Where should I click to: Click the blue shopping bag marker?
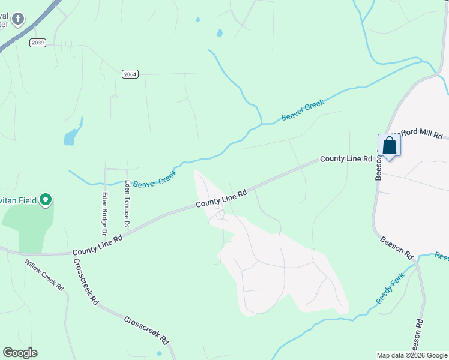coord(389,145)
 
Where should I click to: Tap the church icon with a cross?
coord(18,19)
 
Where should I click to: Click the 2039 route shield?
coord(38,42)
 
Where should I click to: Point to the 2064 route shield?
coord(130,74)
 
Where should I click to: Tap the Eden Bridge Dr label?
coord(104,212)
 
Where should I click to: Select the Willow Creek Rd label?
coord(44,275)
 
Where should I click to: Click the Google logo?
coord(20,353)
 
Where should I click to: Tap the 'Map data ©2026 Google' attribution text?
coord(412,355)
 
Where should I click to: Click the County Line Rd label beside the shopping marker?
coord(346,158)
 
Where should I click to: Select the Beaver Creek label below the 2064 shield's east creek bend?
coord(303,110)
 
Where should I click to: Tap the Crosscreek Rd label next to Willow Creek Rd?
coord(86,282)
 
